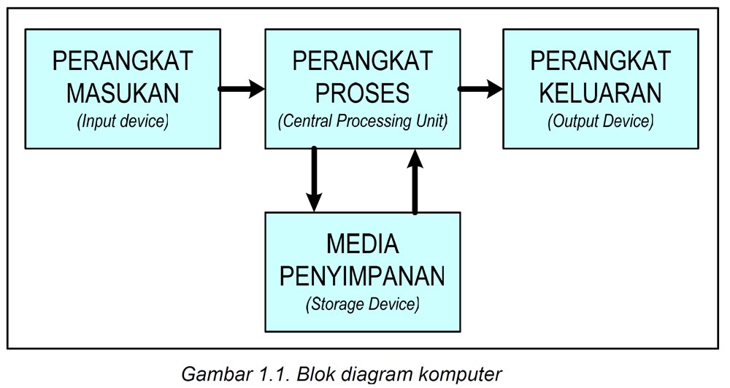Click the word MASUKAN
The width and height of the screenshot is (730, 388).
(x=122, y=93)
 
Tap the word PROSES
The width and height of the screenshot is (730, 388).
(x=363, y=93)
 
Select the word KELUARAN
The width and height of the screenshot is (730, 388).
(x=600, y=93)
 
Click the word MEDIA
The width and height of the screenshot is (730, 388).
(x=363, y=244)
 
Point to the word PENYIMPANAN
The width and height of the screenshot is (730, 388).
(x=363, y=276)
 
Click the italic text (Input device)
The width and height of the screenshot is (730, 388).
(x=122, y=121)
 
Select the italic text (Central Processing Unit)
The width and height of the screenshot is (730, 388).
(x=363, y=121)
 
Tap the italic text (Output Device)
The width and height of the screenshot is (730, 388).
(x=600, y=121)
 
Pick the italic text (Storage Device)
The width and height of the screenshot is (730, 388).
(x=363, y=303)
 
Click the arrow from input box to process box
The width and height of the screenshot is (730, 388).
(x=242, y=90)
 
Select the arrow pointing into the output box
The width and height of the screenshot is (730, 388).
(x=480, y=90)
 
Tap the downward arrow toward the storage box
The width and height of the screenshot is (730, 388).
(x=314, y=179)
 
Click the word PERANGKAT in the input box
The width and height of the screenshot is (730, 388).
(x=122, y=61)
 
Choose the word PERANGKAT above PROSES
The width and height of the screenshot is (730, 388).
(x=363, y=61)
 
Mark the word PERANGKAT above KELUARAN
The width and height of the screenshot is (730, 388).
(x=600, y=61)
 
